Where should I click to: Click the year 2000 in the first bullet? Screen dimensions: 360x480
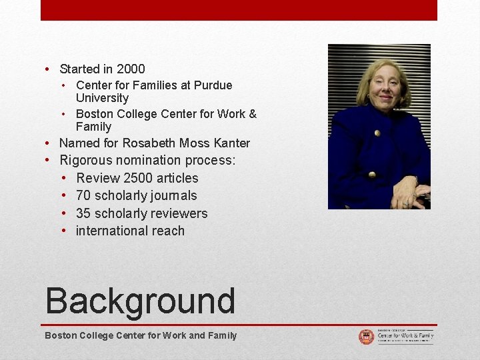131,69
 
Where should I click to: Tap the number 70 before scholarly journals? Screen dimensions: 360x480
83,195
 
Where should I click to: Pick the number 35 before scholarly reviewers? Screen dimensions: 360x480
83,213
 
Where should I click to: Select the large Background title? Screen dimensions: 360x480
140,301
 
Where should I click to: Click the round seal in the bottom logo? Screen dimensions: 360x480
366,337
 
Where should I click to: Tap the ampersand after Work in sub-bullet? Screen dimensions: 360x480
252,114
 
